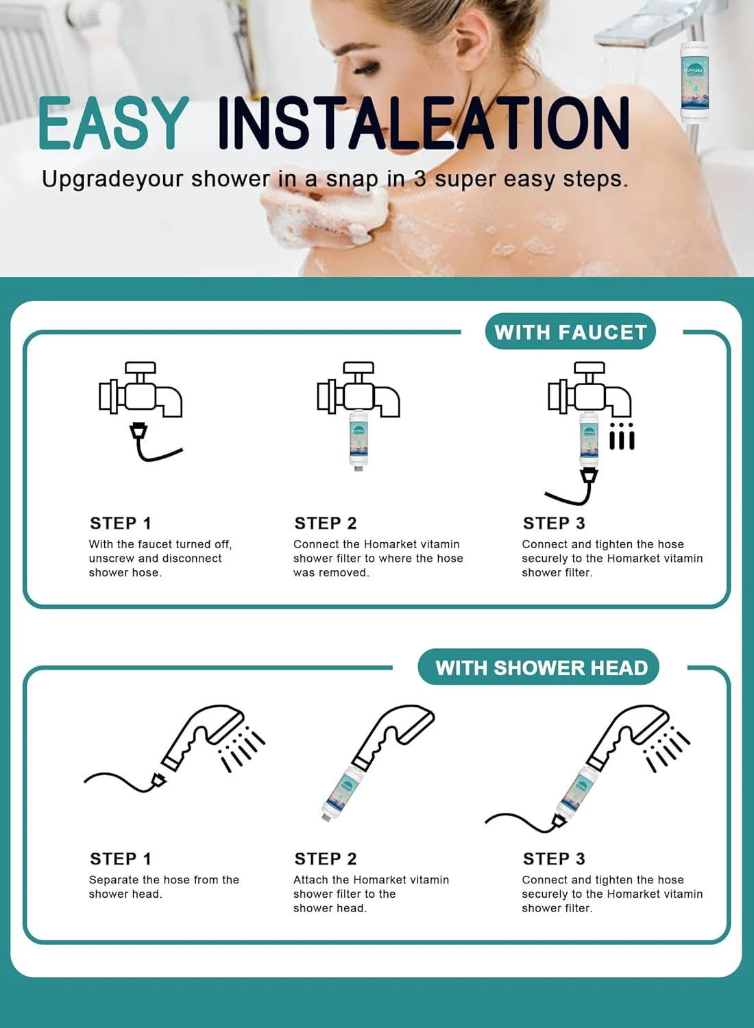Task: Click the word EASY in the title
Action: tap(113, 123)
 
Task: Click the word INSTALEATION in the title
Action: tap(424, 123)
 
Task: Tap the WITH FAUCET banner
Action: tap(570, 332)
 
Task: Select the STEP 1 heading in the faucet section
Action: tap(121, 523)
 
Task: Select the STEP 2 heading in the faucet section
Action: tap(326, 523)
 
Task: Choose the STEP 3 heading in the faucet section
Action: tap(554, 523)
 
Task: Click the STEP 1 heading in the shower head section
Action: tap(121, 859)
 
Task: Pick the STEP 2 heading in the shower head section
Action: tap(326, 859)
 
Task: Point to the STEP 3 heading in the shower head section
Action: tap(554, 859)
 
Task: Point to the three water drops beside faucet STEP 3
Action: tap(622, 435)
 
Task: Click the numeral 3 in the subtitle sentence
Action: tap(420, 179)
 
